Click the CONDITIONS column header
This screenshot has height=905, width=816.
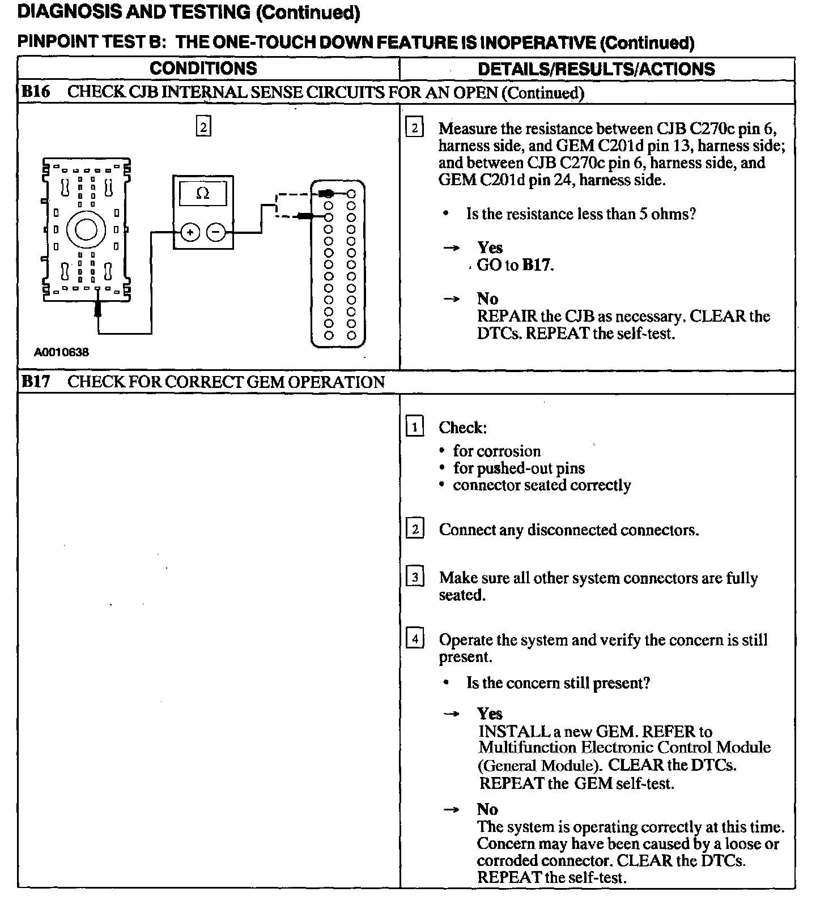pyautogui.click(x=203, y=69)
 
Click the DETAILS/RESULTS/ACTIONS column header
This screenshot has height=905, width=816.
pyautogui.click(x=596, y=69)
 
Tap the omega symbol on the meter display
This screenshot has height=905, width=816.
pyautogui.click(x=202, y=194)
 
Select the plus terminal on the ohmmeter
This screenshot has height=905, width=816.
pyautogui.click(x=190, y=232)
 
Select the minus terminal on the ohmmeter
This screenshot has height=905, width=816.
pyautogui.click(x=215, y=232)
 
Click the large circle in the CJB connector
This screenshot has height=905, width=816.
pyautogui.click(x=86, y=229)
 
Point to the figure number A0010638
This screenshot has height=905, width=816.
pyautogui.click(x=61, y=352)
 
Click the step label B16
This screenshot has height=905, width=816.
pyautogui.click(x=35, y=92)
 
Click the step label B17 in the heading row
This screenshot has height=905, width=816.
pyautogui.click(x=35, y=382)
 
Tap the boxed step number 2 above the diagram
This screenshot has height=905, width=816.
pyautogui.click(x=203, y=126)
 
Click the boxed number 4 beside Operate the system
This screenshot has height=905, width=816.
pyautogui.click(x=415, y=639)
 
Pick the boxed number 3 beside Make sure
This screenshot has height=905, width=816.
pyautogui.click(x=415, y=578)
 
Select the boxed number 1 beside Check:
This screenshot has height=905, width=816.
pyautogui.click(x=415, y=426)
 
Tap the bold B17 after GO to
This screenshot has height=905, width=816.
pyautogui.click(x=536, y=265)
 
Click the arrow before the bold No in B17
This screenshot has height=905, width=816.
pyautogui.click(x=451, y=810)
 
